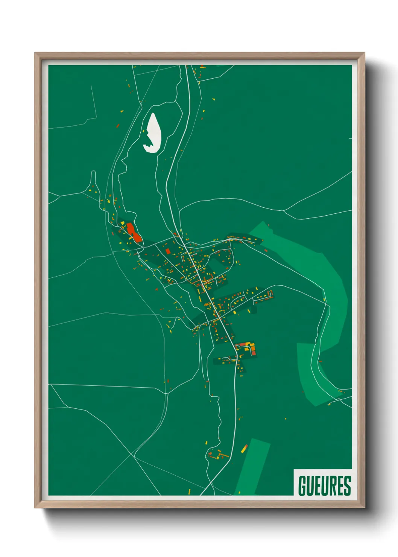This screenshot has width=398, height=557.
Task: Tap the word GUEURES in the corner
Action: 324,485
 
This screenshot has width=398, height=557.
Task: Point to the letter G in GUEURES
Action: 302,485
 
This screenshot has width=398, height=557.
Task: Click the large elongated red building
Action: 134,232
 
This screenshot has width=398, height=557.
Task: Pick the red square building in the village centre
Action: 168,251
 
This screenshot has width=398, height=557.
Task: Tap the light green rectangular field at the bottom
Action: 253,467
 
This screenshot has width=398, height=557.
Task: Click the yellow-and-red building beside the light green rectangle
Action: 244,448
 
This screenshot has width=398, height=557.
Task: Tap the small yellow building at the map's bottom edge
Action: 189,491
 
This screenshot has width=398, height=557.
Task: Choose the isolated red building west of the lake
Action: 117,126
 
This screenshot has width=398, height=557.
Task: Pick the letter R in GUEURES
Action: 333,485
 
